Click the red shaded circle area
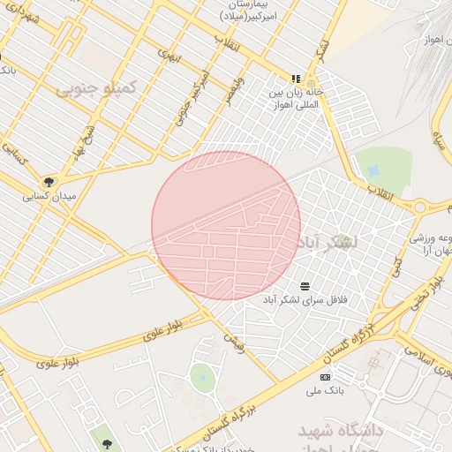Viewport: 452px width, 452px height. click(x=226, y=225)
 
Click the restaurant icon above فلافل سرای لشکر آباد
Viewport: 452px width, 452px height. click(x=305, y=285)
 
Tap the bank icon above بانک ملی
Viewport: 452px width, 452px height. click(x=326, y=377)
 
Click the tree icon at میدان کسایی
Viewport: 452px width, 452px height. click(x=49, y=182)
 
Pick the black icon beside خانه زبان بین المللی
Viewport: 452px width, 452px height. click(x=297, y=78)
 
